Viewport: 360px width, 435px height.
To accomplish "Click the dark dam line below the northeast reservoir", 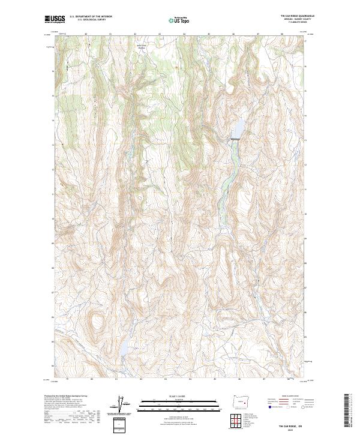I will point(235,139).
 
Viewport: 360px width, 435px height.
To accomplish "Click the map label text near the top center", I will point(142,46).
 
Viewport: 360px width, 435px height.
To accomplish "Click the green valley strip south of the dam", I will point(227,180).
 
